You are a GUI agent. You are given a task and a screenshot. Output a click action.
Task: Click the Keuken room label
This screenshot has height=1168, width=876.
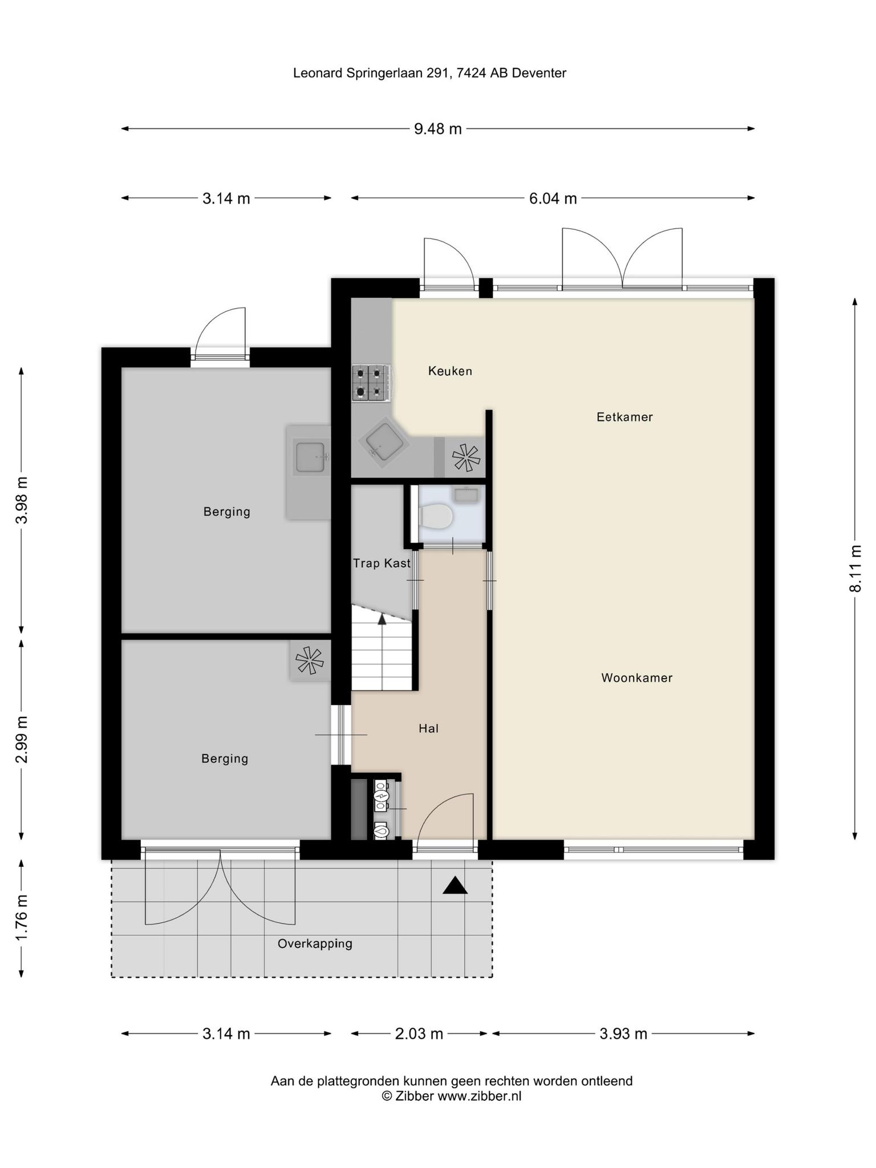click(450, 371)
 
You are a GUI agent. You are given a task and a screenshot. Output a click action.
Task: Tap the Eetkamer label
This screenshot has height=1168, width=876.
click(624, 417)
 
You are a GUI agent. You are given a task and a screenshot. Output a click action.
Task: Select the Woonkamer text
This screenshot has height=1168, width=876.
click(637, 678)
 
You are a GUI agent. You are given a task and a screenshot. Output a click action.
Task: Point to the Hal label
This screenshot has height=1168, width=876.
click(428, 728)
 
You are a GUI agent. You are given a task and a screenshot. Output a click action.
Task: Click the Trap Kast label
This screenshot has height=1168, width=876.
click(382, 563)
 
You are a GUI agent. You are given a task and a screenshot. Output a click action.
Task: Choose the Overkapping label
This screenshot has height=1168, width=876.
click(315, 943)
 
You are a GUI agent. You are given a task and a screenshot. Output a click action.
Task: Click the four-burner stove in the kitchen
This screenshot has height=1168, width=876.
click(370, 383)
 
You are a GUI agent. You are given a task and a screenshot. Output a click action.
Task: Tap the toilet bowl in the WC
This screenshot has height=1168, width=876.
click(436, 517)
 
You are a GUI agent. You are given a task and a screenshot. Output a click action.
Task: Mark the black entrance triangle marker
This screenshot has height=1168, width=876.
click(455, 885)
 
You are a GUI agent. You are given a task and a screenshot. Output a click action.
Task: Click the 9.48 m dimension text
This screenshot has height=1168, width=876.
click(437, 129)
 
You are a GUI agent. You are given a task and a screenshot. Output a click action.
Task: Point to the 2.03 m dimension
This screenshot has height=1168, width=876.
click(419, 1033)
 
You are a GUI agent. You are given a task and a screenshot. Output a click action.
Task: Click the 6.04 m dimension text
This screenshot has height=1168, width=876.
click(553, 198)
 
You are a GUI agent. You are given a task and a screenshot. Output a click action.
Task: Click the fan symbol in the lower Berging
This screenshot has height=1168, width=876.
click(310, 660)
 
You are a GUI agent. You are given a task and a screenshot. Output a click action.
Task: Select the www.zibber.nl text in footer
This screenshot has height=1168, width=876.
click(479, 1096)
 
